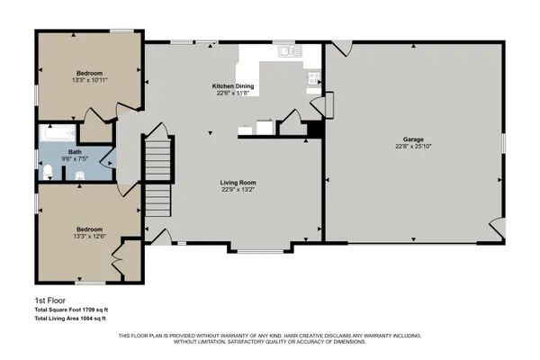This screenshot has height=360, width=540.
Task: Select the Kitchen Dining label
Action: pos(234,85)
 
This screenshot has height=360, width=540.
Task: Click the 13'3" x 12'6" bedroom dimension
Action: pos(88,236)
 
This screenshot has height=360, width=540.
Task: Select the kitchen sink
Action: pos(289,52)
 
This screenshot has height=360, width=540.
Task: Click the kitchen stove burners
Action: pos(313,79)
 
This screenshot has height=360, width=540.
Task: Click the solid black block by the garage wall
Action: pos(313,130)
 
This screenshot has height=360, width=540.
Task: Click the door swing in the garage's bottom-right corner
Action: pos(494,229)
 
